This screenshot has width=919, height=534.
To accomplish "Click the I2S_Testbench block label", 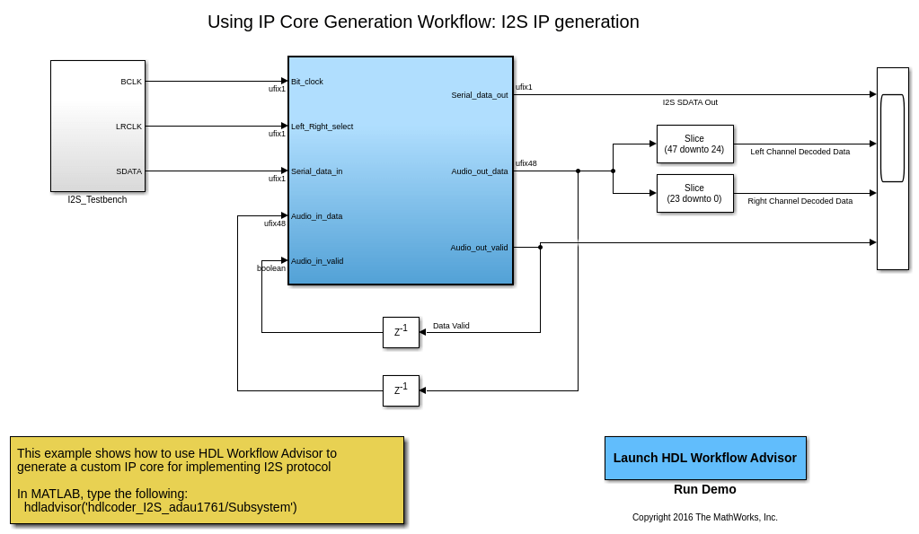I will pyautogui.click(x=97, y=199).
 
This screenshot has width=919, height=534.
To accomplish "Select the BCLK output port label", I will pyautogui.click(x=131, y=82).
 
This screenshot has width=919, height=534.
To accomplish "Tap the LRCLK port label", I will pyautogui.click(x=128, y=127).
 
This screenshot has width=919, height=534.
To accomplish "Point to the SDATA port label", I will pyautogui.click(x=128, y=171).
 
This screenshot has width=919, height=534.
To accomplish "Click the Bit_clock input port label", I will pyautogui.click(x=307, y=82).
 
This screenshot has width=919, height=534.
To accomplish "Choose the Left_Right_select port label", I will pyautogui.click(x=322, y=127).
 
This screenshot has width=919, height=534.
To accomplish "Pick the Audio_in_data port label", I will pyautogui.click(x=316, y=216).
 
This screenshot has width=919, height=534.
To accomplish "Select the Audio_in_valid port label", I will pyautogui.click(x=317, y=261).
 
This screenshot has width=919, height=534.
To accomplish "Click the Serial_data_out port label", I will pyautogui.click(x=479, y=95).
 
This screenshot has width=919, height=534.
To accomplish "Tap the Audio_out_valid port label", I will pyautogui.click(x=479, y=248).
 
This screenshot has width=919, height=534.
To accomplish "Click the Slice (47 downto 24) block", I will pyautogui.click(x=694, y=144).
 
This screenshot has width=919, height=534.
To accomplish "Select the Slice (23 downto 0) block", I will pyautogui.click(x=694, y=193).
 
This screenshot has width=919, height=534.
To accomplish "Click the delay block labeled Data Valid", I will pyautogui.click(x=401, y=332).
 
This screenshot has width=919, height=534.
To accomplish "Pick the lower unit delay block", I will pyautogui.click(x=401, y=390).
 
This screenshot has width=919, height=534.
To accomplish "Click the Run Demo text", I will pyautogui.click(x=704, y=489).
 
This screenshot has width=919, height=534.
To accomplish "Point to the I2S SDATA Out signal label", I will pyautogui.click(x=690, y=102).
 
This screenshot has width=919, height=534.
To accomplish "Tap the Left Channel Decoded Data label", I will pyautogui.click(x=800, y=152).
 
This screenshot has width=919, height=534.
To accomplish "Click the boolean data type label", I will pyautogui.click(x=271, y=268).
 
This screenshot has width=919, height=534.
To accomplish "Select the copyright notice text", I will pyautogui.click(x=704, y=517).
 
